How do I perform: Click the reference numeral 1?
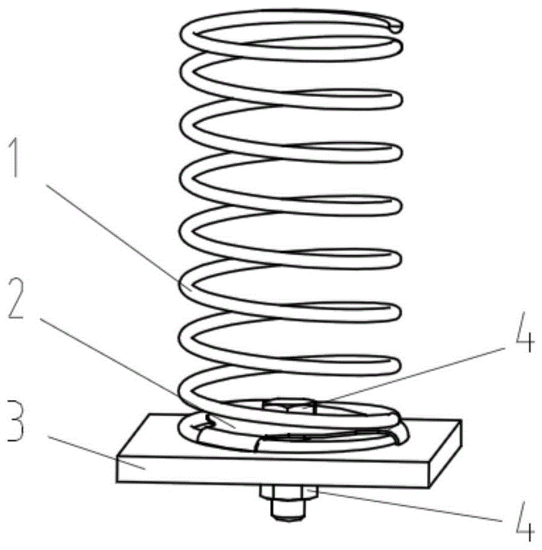[13, 157]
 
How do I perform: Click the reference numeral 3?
[16, 420]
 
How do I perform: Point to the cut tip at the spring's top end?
[396, 27]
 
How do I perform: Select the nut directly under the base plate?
[289, 492]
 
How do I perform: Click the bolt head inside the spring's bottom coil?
[290, 405]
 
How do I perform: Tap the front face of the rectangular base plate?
[273, 470]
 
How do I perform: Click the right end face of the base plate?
[445, 453]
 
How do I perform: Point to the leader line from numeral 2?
[137, 373]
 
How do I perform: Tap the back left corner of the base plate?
[150, 414]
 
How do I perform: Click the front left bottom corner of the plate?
[117, 482]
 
